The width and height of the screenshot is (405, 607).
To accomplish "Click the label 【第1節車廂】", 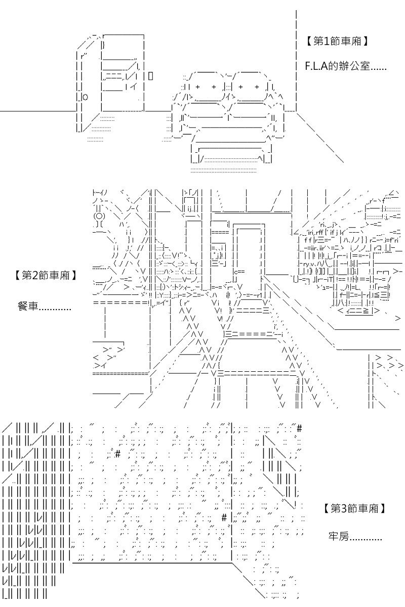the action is click(x=337, y=41).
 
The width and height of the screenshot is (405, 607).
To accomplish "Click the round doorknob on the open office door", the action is click(x=85, y=97).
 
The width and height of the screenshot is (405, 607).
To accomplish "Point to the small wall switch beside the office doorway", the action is click(x=150, y=76).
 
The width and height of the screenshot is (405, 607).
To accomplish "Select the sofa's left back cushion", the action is click(x=206, y=86).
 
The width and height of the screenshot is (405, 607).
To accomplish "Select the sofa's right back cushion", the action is click(x=249, y=86).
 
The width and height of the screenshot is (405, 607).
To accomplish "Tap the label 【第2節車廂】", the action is click(x=45, y=275).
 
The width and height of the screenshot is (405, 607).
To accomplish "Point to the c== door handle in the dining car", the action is click(x=239, y=271).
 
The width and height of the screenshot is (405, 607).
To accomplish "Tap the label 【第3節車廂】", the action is click(x=354, y=508).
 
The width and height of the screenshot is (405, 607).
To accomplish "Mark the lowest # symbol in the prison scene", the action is click(x=224, y=518).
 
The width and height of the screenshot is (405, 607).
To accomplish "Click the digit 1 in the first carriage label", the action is click(x=327, y=41).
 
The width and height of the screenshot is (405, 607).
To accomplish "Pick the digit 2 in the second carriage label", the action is click(x=35, y=276).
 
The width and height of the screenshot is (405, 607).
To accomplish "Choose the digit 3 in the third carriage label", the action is click(x=344, y=509).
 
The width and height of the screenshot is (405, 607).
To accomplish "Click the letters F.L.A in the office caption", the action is click(x=316, y=66).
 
